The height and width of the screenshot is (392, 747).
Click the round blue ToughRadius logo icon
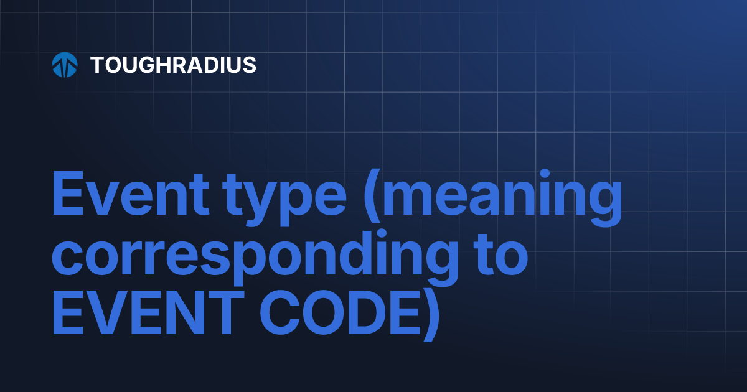coord(65,65)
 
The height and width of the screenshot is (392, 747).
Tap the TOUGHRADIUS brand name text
coord(173,65)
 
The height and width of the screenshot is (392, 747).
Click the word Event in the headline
coord(130,194)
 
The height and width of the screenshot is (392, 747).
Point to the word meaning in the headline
coord(502,198)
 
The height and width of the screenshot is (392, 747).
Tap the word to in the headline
coord(502,255)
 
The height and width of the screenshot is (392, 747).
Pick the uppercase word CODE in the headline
coord(340,312)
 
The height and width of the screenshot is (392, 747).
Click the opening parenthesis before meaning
coord(372,195)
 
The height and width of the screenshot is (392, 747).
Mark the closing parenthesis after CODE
coord(431,315)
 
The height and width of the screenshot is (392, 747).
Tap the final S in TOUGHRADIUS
coord(250,65)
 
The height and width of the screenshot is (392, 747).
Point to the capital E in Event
coord(68,193)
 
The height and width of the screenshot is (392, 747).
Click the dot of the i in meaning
coord(545,174)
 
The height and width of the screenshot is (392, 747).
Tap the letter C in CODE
coord(281,312)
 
